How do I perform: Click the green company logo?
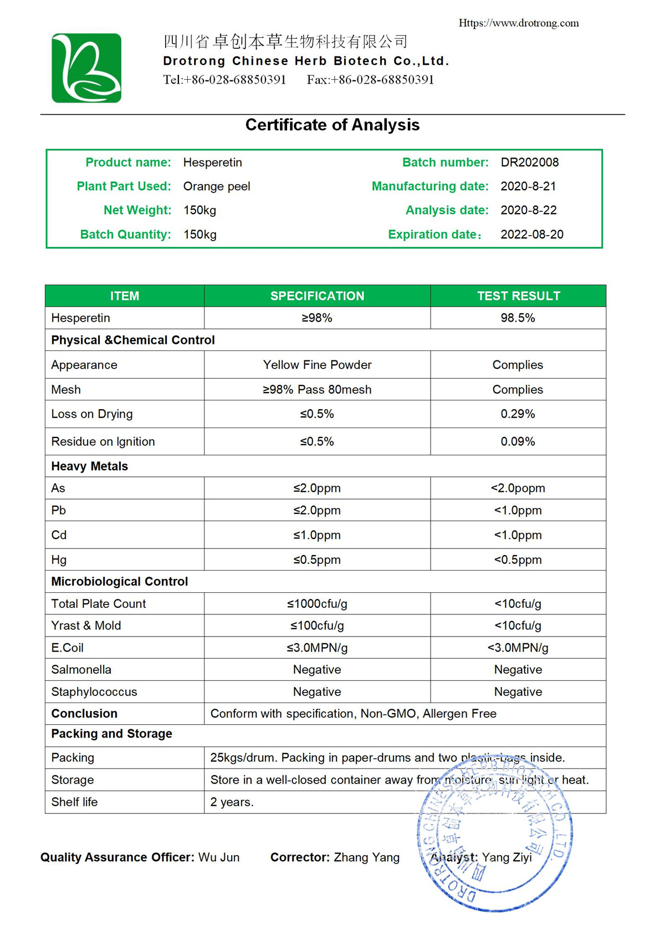coord(86,68)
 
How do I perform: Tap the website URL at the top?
coord(518,23)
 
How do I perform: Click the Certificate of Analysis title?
coord(332,125)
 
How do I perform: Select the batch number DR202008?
coord(529,162)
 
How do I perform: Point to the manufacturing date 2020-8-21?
coord(528,186)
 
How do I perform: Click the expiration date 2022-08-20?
coord(531,235)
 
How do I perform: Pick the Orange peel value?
coord(217,186)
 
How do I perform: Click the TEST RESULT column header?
coord(518,296)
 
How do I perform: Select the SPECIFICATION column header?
coord(317,296)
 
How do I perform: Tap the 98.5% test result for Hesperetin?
coord(518,318)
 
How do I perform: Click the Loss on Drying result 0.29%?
coord(518,414)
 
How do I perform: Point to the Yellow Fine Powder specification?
coord(317,365)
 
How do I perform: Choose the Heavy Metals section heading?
coord(89,466)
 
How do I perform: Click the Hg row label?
coord(59,559)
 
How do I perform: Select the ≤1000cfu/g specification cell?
coord(317,604)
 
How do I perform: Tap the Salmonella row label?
coord(81,670)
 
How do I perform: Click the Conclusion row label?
coord(84,714)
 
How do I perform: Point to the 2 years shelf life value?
coord(232,802)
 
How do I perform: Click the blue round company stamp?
coord(495,835)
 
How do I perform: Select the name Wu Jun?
coord(219,857)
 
